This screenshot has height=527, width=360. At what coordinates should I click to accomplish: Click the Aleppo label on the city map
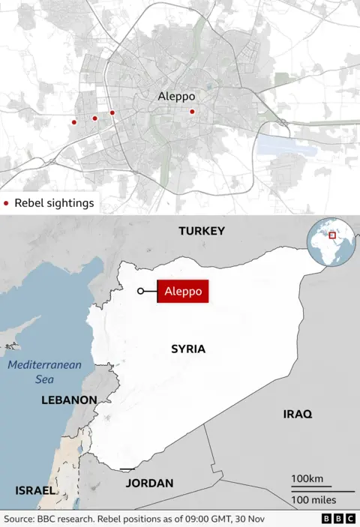point(176,97)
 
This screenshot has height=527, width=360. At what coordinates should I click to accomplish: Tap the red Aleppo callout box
point(183,292)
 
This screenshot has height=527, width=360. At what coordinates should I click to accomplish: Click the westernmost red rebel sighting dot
point(74,122)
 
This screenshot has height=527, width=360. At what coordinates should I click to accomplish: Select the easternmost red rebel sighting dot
point(192,112)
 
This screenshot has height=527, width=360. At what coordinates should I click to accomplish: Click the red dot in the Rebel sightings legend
point(7,203)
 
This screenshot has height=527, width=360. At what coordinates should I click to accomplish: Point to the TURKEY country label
point(201,231)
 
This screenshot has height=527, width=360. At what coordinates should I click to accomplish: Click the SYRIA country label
point(187,349)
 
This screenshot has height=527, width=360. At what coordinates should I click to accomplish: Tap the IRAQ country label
point(297,414)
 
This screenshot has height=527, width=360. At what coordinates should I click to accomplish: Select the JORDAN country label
point(149,484)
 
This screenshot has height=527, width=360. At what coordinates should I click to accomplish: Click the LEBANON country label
point(68,400)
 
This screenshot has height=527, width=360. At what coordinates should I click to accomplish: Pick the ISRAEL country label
point(35,491)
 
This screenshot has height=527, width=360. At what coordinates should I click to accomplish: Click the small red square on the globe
point(332,235)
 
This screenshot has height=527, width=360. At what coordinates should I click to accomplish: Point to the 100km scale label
point(307,479)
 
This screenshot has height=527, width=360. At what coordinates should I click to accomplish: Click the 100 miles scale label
point(313,499)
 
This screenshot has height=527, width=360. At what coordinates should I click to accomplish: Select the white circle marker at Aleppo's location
point(140,292)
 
